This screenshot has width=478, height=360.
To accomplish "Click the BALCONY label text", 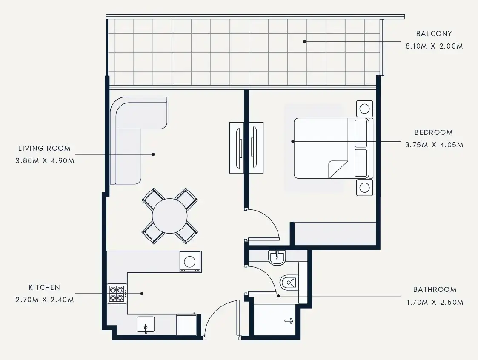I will (434, 34).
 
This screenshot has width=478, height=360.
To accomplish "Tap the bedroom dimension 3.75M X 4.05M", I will (434, 145).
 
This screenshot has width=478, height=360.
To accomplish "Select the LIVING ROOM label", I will (44, 148).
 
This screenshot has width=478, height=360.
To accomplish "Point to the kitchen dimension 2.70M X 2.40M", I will (45, 300).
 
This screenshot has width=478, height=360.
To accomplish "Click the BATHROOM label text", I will (435, 289).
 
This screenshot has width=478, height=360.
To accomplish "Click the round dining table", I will (169, 216).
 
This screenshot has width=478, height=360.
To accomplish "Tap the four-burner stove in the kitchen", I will (117, 293).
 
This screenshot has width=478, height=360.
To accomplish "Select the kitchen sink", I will (146, 324).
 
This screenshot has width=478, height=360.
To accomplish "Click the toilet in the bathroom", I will (289, 282).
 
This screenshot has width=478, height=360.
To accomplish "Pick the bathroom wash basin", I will (277, 257).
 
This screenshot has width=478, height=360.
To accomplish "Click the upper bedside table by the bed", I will (364, 109).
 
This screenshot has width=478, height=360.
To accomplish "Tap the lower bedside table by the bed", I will (364, 187).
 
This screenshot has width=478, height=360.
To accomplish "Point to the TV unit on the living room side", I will (237, 148).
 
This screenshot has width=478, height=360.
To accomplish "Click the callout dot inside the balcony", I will (305, 42).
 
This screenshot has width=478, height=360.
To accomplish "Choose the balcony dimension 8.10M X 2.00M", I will (434, 46).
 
